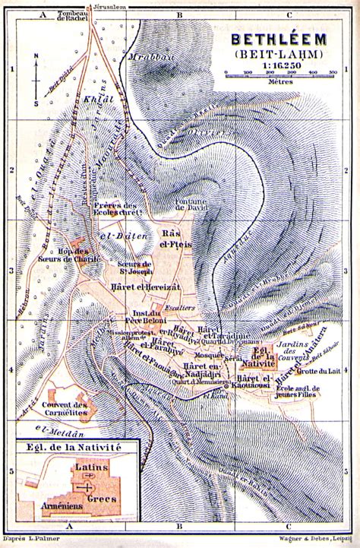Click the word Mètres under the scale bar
[x=279, y=89]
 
